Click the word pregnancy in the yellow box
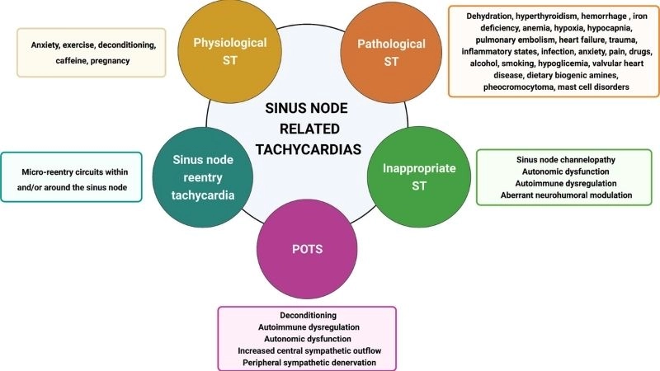pyautogui.click(x=112, y=61)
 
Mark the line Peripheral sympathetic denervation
pyautogui.click(x=307, y=364)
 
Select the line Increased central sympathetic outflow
pyautogui.click(x=307, y=351)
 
